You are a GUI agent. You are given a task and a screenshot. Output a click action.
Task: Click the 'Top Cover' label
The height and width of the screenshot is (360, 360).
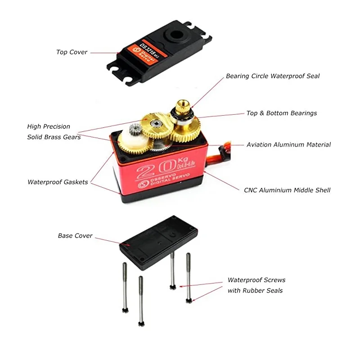click(72, 52)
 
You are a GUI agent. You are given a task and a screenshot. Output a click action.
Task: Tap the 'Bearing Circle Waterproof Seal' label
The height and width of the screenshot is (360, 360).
click(273, 76)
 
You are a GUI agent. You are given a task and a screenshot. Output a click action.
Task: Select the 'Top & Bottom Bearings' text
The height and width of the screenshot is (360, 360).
click(281, 113)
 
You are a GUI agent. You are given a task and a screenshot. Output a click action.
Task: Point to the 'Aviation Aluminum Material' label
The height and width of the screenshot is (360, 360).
click(288, 145)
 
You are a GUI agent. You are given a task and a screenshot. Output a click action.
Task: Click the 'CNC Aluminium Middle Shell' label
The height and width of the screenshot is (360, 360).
click(287, 190)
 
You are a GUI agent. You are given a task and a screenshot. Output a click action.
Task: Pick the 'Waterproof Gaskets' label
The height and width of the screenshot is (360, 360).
click(58, 182)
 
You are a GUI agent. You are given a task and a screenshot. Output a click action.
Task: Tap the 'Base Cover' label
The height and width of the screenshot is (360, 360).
click(75, 236)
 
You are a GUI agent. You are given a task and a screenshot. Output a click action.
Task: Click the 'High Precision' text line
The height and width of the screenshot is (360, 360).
click(49, 127)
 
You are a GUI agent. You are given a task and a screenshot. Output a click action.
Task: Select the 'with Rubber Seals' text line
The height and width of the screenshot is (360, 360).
click(255, 291)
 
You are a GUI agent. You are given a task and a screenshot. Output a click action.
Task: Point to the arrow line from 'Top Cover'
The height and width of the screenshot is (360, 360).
click(104, 53)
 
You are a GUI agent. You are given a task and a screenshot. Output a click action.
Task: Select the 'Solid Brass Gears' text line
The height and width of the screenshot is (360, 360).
click(54, 137)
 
